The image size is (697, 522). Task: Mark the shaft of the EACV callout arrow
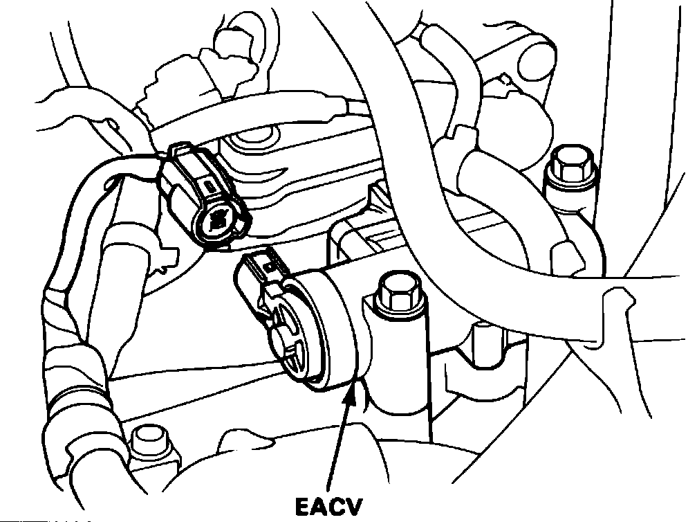point(342,443)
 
